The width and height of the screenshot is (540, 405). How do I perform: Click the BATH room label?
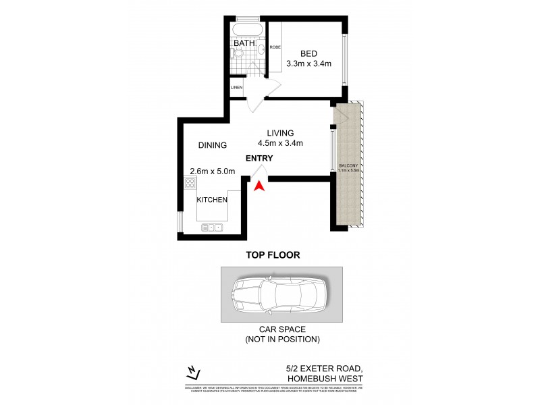click(244, 44)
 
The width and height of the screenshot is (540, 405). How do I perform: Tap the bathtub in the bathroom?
click(247, 30)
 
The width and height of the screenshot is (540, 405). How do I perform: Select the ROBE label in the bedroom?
click(275, 47)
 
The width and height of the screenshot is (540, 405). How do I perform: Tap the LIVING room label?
click(279, 132)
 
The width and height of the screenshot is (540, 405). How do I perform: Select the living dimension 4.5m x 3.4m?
click(279, 143)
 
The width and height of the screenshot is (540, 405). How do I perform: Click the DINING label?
click(213, 145)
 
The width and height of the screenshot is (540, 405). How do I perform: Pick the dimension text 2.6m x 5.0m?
click(212, 171)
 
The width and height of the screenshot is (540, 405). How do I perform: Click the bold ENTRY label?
click(259, 159)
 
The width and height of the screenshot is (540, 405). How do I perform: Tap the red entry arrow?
click(259, 186)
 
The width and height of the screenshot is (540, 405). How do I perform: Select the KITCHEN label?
click(212, 200)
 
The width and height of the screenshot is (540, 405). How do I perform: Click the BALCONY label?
click(348, 166)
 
